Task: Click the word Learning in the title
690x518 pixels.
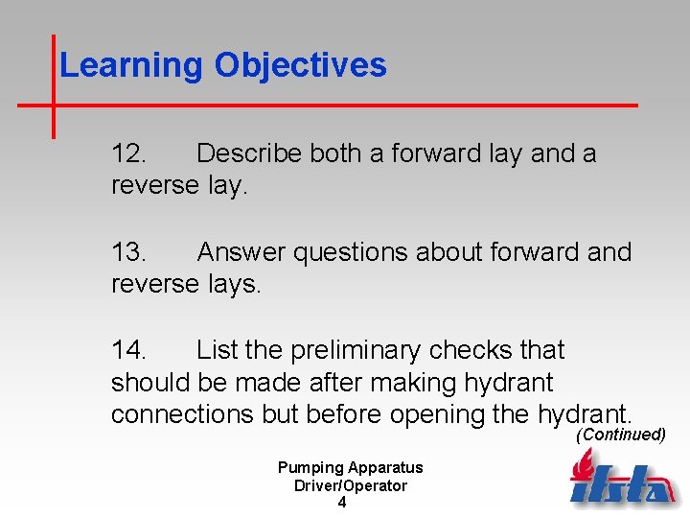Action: coord(131,66)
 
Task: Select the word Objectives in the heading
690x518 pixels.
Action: coord(300,66)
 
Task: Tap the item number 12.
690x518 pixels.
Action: coord(128,153)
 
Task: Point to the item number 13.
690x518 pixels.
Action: coord(128,252)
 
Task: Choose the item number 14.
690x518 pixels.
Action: coord(128,350)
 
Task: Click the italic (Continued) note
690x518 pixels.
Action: coord(620,435)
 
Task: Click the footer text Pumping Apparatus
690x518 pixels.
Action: coord(350,468)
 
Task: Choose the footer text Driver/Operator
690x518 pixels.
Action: coord(350,485)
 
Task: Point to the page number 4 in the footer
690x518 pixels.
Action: coord(342,503)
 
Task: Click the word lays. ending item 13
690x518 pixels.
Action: coord(235,284)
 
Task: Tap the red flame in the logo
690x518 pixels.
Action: coord(582,464)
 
